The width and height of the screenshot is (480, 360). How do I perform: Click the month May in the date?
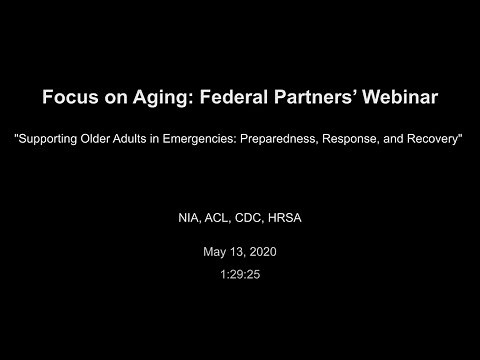pyautogui.click(x=212, y=253)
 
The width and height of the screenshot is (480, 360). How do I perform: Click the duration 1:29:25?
pyautogui.click(x=240, y=272)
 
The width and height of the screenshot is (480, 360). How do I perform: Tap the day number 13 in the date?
pyautogui.click(x=235, y=253)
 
